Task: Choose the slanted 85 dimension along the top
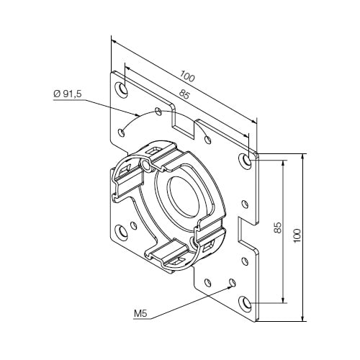pos(184,94)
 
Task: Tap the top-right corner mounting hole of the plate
pos(248,158)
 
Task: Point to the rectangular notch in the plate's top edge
pos(184,121)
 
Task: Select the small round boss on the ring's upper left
pos(146,166)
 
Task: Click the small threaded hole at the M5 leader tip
pos(231,282)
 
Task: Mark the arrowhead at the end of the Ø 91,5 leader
pos(138,114)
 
